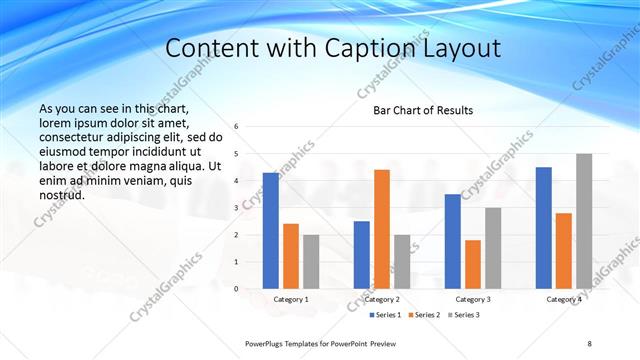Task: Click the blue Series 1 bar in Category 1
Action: click(x=271, y=230)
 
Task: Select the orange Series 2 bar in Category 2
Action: click(x=382, y=229)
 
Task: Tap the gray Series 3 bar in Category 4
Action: click(x=584, y=221)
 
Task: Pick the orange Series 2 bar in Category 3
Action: click(x=473, y=264)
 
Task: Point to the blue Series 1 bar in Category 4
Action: click(x=544, y=227)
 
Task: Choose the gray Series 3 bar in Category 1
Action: click(x=311, y=261)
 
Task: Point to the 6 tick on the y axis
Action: click(x=236, y=127)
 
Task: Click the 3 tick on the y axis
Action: click(x=236, y=208)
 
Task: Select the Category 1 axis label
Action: click(x=291, y=299)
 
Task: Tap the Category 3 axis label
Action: click(x=473, y=299)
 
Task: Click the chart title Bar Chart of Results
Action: click(x=423, y=110)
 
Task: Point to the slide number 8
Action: click(x=589, y=343)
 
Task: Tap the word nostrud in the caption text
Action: click(x=62, y=195)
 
